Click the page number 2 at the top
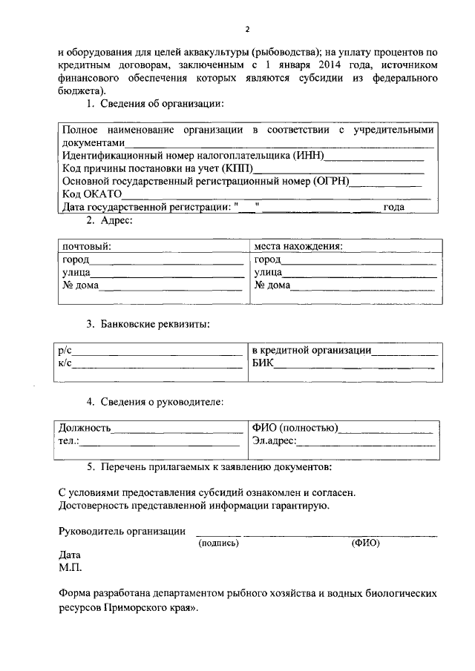(x=247, y=30)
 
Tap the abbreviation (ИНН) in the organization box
(x=307, y=156)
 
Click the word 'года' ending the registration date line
(x=393, y=207)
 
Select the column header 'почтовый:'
(x=87, y=246)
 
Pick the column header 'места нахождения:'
(x=298, y=246)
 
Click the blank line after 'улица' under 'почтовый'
(x=167, y=273)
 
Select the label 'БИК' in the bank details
(x=263, y=363)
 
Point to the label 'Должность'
(x=85, y=428)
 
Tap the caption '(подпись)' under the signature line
(x=218, y=543)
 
